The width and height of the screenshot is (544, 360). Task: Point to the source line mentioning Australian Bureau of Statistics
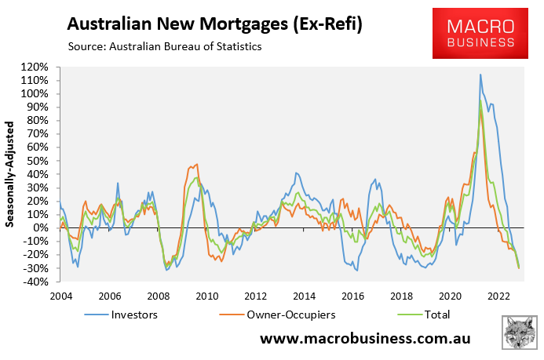click(165, 47)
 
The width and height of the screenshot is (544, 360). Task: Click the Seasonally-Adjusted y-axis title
click(11, 173)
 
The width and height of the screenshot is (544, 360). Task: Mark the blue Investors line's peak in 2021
click(480, 75)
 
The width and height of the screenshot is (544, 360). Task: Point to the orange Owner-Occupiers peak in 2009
click(196, 164)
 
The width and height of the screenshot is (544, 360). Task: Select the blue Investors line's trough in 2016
click(357, 271)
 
